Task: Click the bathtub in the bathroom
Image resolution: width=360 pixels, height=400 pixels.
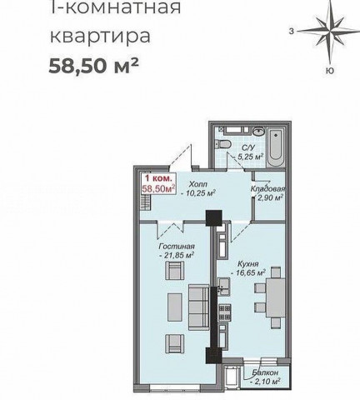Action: point(276,147)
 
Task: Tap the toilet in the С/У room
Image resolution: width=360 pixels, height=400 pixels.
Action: point(223,143)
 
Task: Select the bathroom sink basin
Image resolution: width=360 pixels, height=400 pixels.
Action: point(259,131)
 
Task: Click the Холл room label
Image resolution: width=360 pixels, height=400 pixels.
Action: point(198,184)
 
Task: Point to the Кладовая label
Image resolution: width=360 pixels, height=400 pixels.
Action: point(267,189)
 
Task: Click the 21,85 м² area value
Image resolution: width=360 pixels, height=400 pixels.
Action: point(177,255)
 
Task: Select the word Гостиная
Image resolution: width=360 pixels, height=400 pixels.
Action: point(177,247)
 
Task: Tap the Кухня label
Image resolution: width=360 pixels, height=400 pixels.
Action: point(247,263)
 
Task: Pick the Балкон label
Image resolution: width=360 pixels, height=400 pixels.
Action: point(265,372)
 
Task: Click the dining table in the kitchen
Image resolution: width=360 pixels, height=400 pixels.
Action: point(276,297)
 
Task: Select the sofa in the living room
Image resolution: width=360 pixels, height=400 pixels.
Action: point(199,307)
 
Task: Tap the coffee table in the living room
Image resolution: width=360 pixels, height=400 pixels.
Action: point(175,307)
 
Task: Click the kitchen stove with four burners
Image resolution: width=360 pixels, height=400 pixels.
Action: point(225,312)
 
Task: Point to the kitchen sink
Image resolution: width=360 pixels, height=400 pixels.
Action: point(223,286)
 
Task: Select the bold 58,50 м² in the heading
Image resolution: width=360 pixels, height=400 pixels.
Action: point(93,66)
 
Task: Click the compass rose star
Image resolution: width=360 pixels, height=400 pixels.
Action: point(330,31)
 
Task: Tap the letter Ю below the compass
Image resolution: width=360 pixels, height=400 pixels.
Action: point(330,71)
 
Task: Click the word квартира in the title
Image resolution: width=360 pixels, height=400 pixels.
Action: point(100,36)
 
